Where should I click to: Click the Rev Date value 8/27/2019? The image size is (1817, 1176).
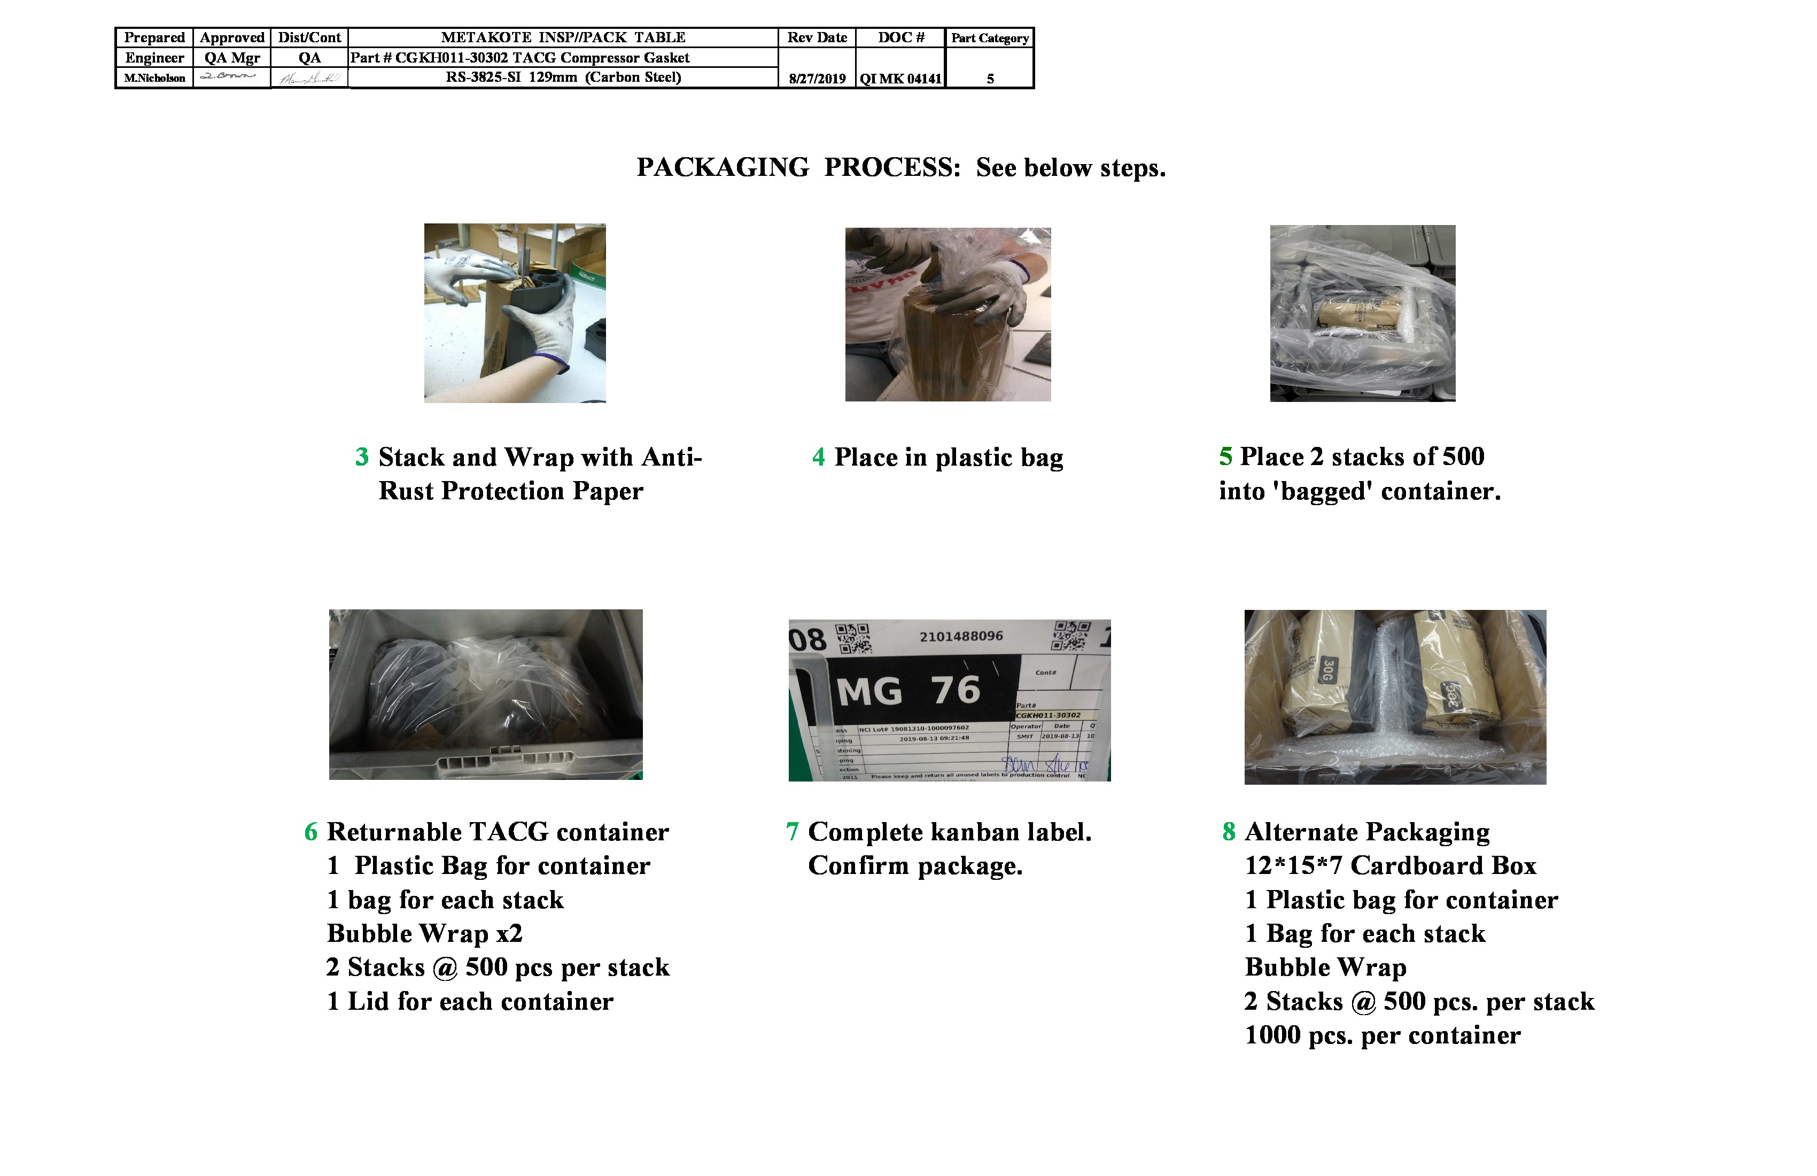coord(817,79)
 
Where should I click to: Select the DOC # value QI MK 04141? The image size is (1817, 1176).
coord(901,79)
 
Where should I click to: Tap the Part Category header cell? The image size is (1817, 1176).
coord(990,38)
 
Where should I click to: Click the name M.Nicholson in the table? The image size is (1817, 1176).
coord(155,78)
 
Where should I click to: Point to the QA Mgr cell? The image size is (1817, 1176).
coord(232,58)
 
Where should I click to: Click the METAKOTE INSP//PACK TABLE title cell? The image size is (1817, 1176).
coord(563,37)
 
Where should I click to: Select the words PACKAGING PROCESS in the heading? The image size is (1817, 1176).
coord(798,167)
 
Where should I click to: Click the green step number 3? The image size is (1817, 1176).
coord(362,457)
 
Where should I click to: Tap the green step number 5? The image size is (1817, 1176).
coord(1225,457)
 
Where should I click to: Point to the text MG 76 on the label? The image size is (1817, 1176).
coord(908,691)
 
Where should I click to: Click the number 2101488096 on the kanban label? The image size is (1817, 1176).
coord(961,636)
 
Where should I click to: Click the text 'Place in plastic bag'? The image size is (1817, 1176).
coord(948,458)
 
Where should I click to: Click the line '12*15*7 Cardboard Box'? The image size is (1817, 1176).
coord(1390,865)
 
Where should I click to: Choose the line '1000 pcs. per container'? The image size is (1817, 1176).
coord(1383,1035)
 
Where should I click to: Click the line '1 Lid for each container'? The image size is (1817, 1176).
coord(470,1001)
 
